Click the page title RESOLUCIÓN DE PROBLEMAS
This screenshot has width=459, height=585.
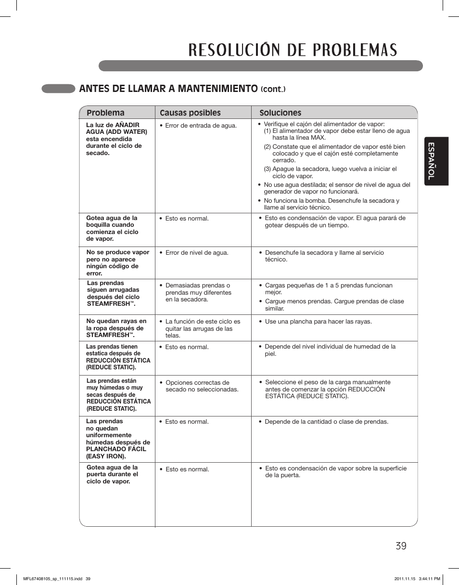coord(292,50)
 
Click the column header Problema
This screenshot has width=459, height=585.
coord(105,113)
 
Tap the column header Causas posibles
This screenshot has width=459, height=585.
coord(190,113)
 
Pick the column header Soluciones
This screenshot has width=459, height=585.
coord(280,113)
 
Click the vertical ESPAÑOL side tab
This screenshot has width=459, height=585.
coord(436,161)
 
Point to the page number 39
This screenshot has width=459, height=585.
coord(401,546)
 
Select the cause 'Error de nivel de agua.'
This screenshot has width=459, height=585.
coord(197,252)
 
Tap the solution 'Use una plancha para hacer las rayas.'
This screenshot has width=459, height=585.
coord(318,321)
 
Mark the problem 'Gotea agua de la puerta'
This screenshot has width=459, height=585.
coord(112,474)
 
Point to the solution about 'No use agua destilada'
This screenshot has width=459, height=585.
coord(337,188)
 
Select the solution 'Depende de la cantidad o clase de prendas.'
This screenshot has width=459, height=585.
coord(326,421)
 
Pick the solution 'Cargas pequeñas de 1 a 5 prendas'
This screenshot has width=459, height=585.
coord(329,286)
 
